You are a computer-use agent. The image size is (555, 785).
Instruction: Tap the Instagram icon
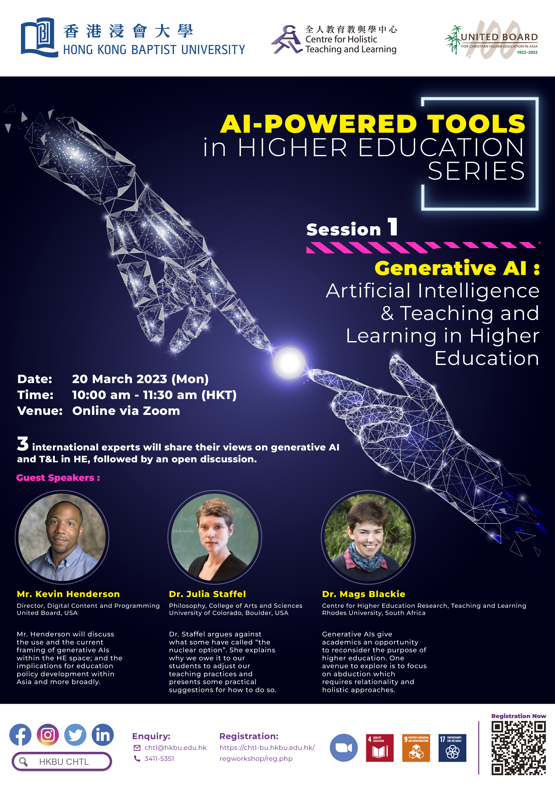click(x=48, y=734)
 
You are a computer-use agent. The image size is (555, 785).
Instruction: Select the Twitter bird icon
click(x=75, y=734)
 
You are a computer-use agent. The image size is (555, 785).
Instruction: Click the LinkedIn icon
click(x=102, y=734)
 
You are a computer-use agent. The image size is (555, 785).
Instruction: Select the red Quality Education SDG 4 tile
click(x=380, y=748)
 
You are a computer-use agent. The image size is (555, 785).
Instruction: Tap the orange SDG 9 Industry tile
click(x=416, y=748)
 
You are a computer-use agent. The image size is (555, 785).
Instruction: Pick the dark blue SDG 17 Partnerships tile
click(x=452, y=748)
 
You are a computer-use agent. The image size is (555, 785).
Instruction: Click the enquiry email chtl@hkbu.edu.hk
click(x=175, y=748)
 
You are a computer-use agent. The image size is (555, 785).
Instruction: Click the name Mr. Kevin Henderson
click(x=68, y=594)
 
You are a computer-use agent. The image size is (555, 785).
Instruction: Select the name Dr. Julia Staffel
click(x=207, y=594)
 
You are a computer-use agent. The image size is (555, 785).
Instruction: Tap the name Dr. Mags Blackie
click(x=364, y=594)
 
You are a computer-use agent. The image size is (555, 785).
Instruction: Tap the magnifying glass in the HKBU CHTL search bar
click(x=23, y=762)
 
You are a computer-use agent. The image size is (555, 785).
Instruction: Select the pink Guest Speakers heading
click(x=58, y=478)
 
